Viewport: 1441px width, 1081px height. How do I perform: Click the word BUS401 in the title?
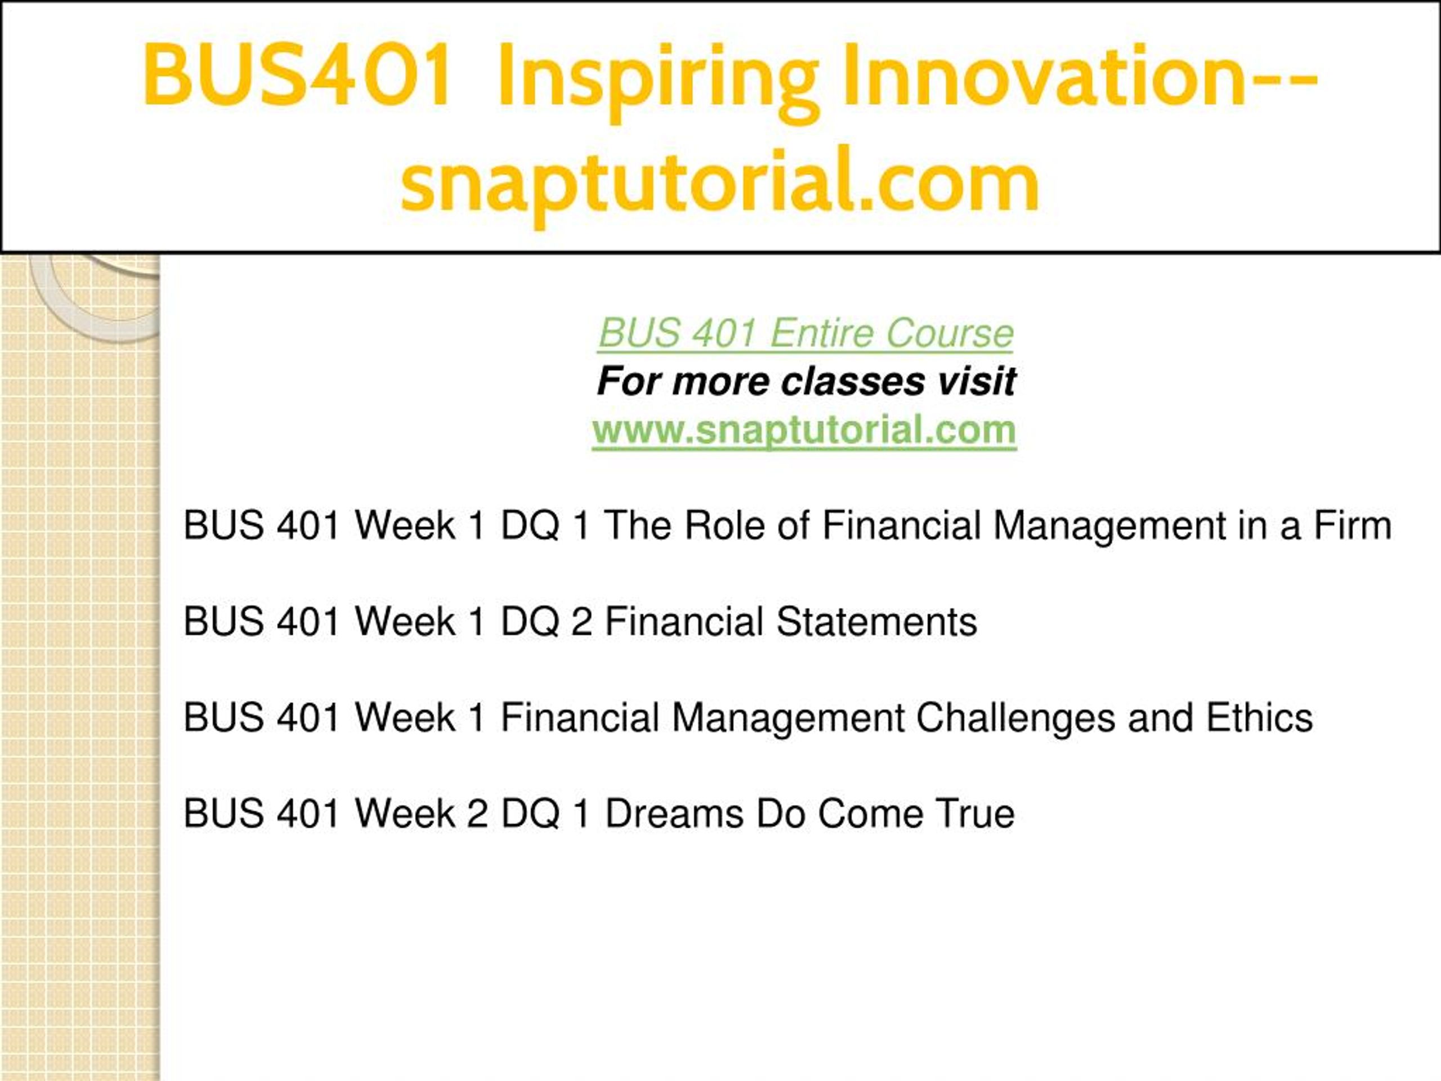click(x=297, y=75)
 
